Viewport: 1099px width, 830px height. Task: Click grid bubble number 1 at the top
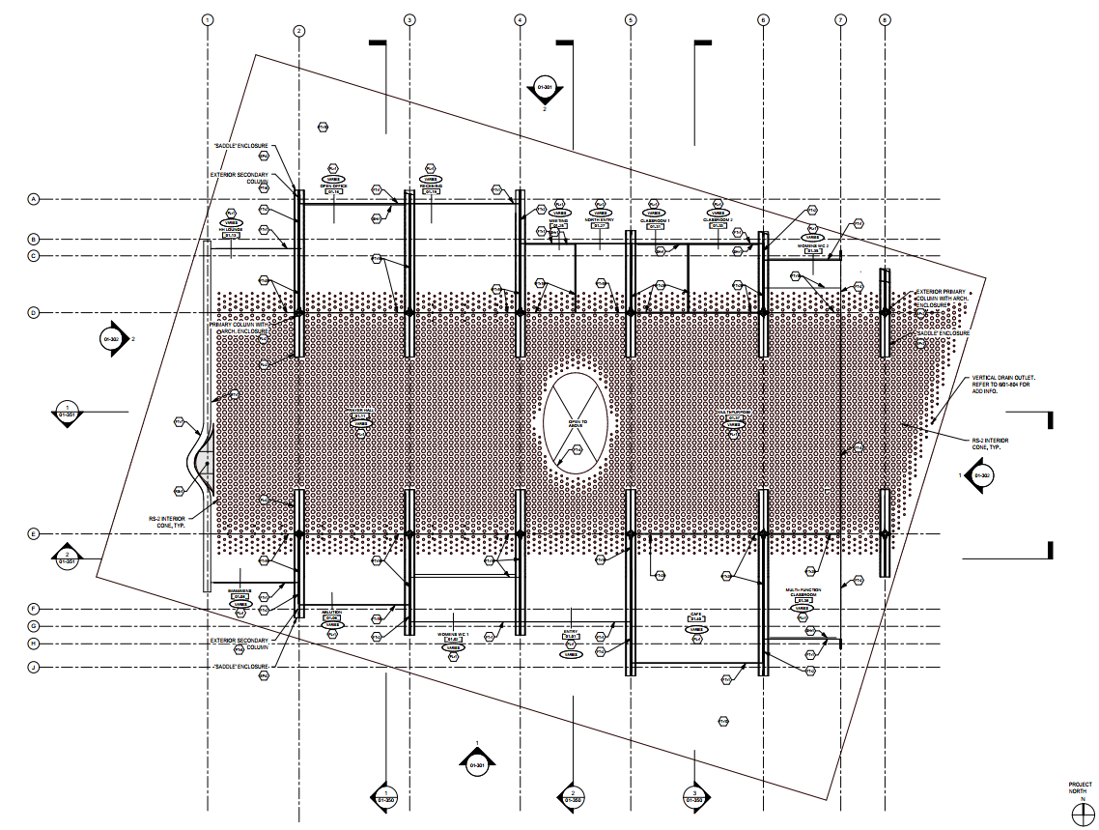[207, 19]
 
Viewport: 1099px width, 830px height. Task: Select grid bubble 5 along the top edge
[631, 19]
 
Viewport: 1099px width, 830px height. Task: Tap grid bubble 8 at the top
[885, 19]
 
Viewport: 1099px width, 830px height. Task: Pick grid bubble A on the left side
[33, 199]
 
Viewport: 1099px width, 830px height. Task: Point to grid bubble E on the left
[33, 533]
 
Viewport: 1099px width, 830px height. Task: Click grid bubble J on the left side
[33, 667]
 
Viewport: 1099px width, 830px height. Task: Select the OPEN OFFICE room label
[333, 186]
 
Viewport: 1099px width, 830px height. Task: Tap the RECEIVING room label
[430, 186]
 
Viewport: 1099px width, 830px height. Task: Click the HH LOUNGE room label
[231, 230]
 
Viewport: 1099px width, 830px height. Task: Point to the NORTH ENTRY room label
[600, 219]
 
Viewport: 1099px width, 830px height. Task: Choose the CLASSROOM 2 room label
[718, 220]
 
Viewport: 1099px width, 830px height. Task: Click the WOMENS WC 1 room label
[451, 634]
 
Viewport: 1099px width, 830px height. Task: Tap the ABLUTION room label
[333, 612]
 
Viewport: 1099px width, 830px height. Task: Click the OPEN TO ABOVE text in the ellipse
[578, 423]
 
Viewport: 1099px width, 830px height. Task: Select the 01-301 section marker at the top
[544, 89]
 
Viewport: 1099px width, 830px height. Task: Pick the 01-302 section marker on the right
[981, 475]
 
